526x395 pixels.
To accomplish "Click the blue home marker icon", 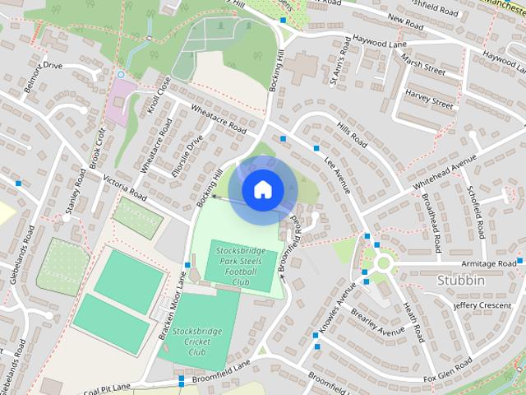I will point(262,190).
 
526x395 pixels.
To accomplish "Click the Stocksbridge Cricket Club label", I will point(197,341).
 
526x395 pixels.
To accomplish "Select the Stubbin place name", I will point(461,281).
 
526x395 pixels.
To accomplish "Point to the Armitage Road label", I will point(489,263).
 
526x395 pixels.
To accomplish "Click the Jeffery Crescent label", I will point(482,305).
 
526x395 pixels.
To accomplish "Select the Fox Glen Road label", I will point(448,367).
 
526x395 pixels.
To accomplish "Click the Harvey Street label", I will point(429,105).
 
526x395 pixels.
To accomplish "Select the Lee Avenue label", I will point(337,174).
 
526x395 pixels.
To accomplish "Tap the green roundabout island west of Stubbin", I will point(383,264).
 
